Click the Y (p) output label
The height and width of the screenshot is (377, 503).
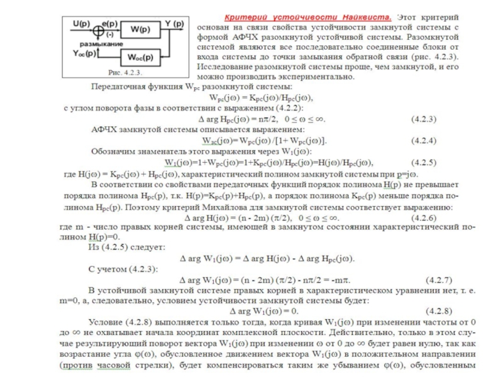[174, 23]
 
